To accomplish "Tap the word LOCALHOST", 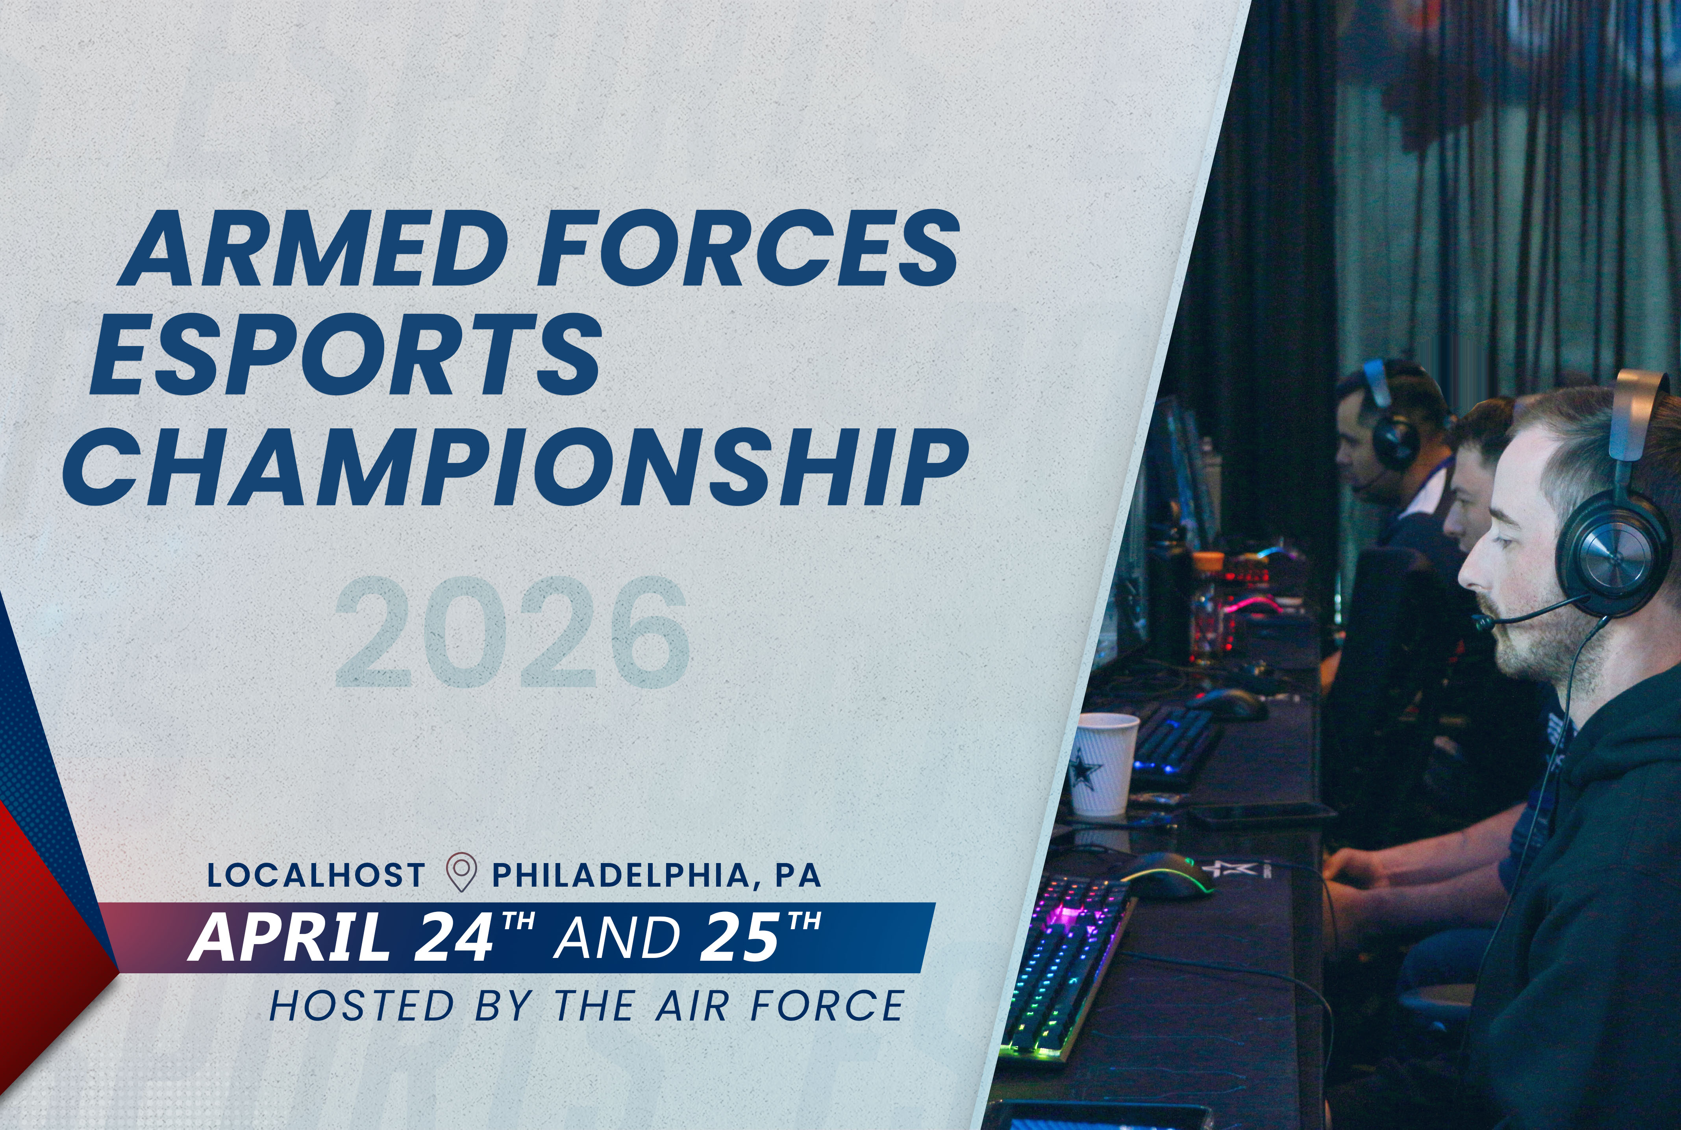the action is (x=316, y=875).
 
